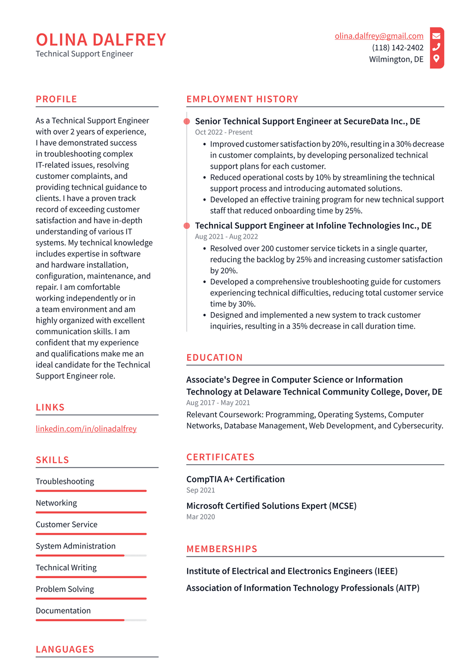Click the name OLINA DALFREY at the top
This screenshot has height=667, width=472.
pyautogui.click(x=101, y=40)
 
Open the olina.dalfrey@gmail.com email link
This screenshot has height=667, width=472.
pyautogui.click(x=379, y=36)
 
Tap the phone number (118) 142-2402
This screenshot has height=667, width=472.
pyautogui.click(x=397, y=47)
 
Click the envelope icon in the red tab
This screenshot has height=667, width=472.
pyautogui.click(x=436, y=35)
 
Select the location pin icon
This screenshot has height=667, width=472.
pyautogui.click(x=436, y=59)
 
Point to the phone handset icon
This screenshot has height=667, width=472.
pyautogui.click(x=436, y=47)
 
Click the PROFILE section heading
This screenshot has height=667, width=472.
pyautogui.click(x=56, y=99)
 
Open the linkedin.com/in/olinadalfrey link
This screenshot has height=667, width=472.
pyautogui.click(x=86, y=429)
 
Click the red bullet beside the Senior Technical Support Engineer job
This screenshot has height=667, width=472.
pyautogui.click(x=187, y=122)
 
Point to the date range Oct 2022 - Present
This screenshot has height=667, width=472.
pyautogui.click(x=224, y=132)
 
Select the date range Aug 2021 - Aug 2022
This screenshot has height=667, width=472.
pyautogui.click(x=226, y=236)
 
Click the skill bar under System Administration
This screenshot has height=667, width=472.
pyautogui.click(x=91, y=555)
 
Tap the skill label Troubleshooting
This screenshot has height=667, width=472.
pyautogui.click(x=65, y=481)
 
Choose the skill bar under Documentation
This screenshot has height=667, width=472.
pyautogui.click(x=91, y=620)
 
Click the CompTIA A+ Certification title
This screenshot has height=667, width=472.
pyautogui.click(x=236, y=479)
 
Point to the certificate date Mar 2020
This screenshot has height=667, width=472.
pyautogui.click(x=201, y=517)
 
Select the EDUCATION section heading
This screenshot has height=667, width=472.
pyautogui.click(x=214, y=358)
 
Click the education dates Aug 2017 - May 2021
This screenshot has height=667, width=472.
pyautogui.click(x=218, y=403)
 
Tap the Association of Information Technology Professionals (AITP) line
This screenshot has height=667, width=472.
pyautogui.click(x=303, y=588)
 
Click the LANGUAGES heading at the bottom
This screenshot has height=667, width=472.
pyautogui.click(x=65, y=649)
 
